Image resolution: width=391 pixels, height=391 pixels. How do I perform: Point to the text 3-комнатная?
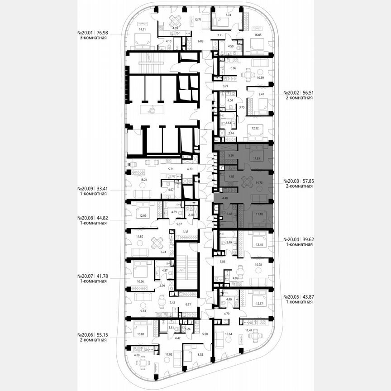[92, 38]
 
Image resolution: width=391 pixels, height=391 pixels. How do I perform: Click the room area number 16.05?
[258, 34]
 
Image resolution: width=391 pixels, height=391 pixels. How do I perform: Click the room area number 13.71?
[198, 20]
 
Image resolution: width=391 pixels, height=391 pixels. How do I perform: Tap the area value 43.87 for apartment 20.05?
[307, 297]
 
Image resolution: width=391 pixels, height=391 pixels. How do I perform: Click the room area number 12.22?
[256, 128]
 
